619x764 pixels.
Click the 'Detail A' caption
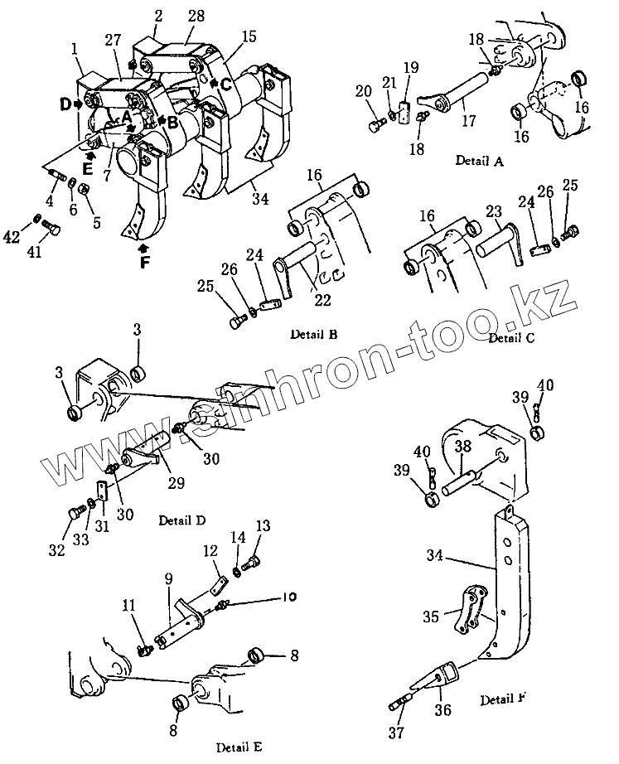[x=479, y=161]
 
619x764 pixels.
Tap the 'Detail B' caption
[x=313, y=334]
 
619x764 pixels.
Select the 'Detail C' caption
[x=511, y=337]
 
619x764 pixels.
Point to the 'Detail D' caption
[x=181, y=520]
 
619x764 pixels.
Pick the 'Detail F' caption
[x=504, y=700]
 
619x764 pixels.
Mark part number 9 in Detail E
[x=168, y=579]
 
